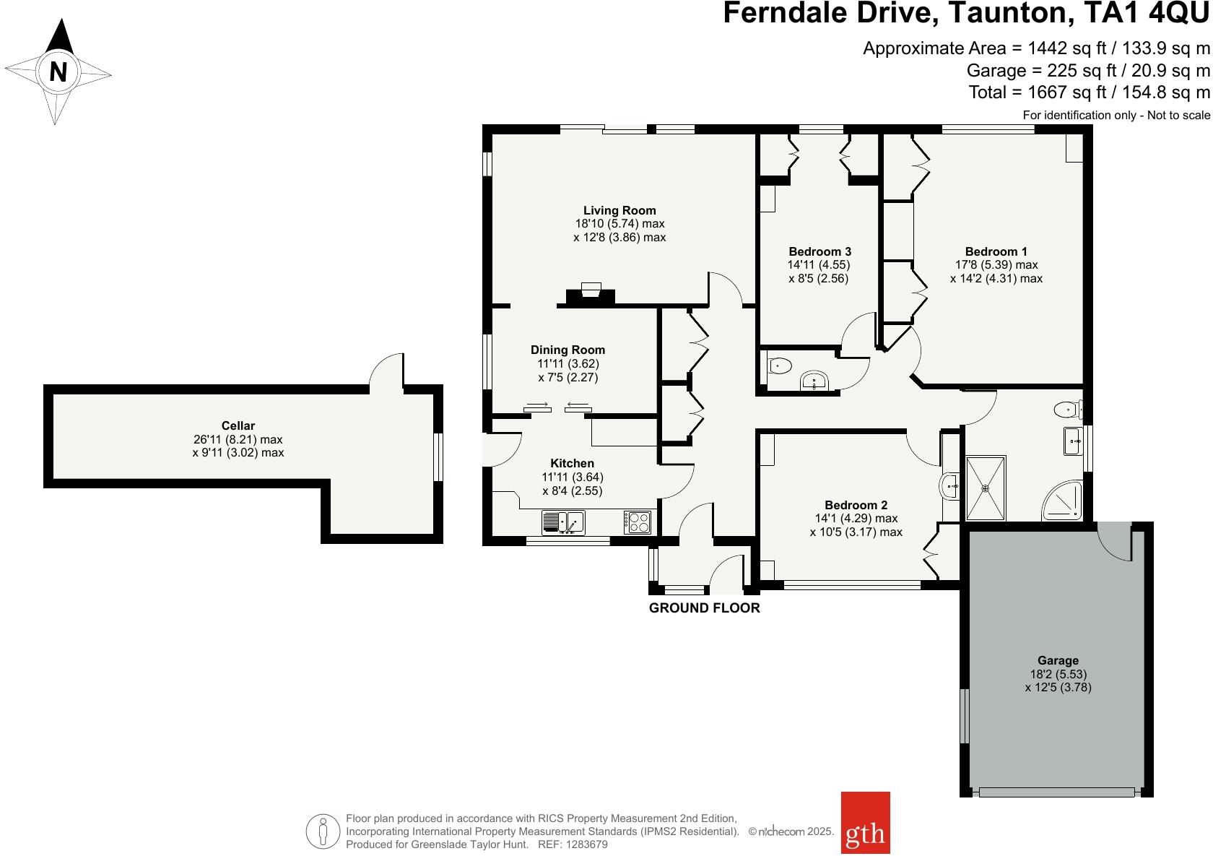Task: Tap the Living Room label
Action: [619, 210]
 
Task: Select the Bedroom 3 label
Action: [819, 251]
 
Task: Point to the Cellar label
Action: [238, 425]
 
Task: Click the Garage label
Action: [1058, 660]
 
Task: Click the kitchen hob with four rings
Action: [638, 522]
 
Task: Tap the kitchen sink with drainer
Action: [563, 521]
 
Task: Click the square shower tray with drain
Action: [986, 488]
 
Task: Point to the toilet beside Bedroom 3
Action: [778, 366]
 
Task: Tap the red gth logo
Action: [865, 832]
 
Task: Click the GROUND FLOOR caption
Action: [704, 608]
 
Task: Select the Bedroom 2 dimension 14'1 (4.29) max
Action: [856, 518]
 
